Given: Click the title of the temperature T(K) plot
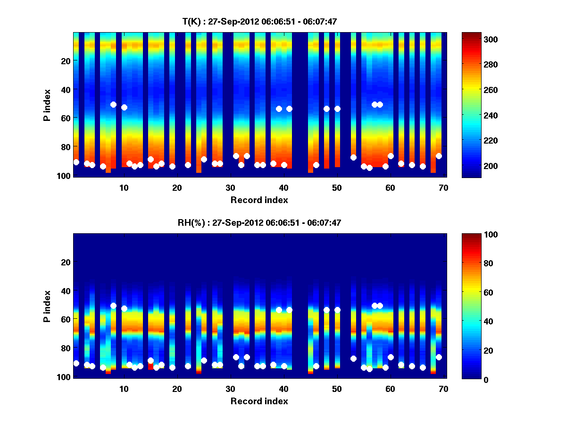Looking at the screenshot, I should point(259,21).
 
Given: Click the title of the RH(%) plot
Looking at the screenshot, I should point(259,222).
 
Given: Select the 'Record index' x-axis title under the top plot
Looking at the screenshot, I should point(259,200).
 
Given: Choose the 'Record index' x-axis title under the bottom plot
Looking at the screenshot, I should point(259,401).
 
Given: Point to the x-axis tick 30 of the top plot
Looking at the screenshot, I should point(230,187).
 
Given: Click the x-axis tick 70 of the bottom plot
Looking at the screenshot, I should point(443,389).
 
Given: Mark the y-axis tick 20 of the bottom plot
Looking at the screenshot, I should point(66,262).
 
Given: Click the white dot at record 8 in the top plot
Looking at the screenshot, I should point(113,104).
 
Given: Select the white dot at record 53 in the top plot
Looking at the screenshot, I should point(353,157).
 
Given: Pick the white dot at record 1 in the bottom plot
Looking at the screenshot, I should point(76,363).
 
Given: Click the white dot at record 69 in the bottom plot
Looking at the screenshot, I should point(439,357).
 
